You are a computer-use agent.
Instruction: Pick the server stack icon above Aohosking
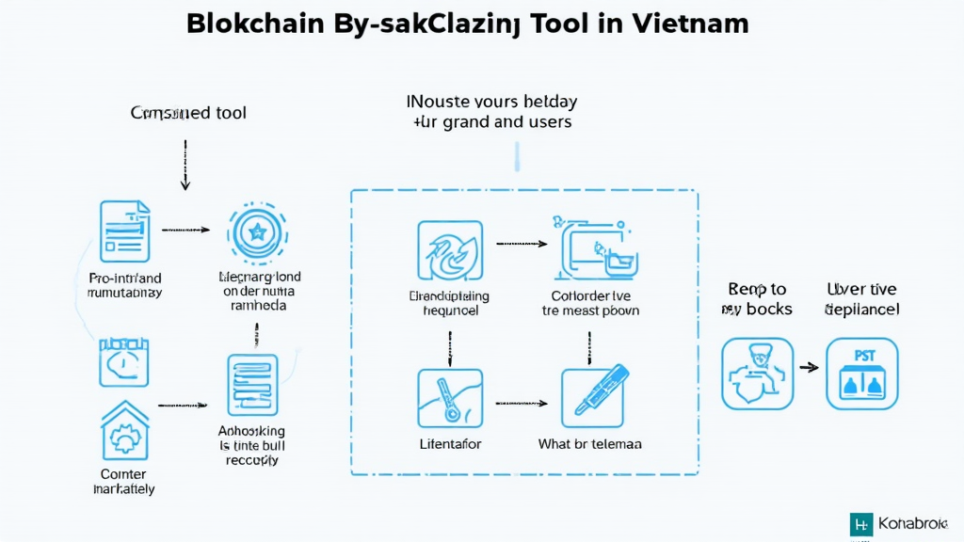252,385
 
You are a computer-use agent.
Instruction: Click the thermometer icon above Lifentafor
449,398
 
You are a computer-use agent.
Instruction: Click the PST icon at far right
862,374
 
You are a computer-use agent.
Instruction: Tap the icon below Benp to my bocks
757,374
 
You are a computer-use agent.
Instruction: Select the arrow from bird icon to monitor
522,244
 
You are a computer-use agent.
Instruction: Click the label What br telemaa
589,443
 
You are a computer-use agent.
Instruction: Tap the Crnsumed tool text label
188,113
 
